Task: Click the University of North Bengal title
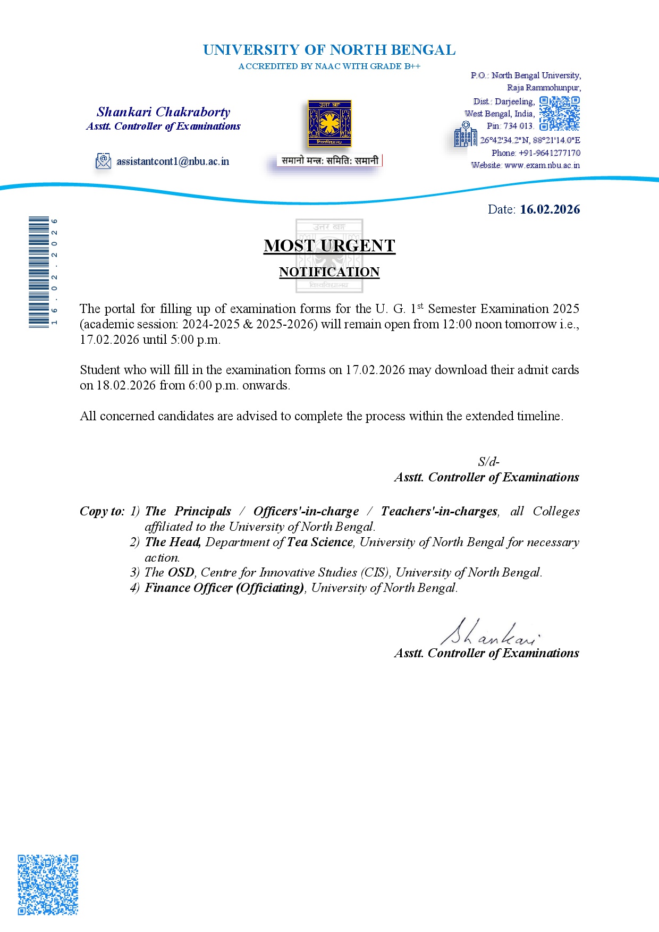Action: pyautogui.click(x=329, y=50)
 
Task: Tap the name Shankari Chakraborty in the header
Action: pyautogui.click(x=163, y=112)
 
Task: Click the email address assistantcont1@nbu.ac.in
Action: pyautogui.click(x=173, y=162)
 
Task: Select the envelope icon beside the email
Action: pyautogui.click(x=103, y=161)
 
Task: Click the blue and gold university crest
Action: pyautogui.click(x=329, y=123)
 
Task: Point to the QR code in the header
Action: pyautogui.click(x=559, y=113)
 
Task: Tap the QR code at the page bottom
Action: pyautogui.click(x=48, y=885)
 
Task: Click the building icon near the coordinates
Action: pyautogui.click(x=465, y=134)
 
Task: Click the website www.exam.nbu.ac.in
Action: pyautogui.click(x=542, y=165)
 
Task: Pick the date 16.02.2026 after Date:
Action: pyautogui.click(x=550, y=209)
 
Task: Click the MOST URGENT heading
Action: pyautogui.click(x=329, y=245)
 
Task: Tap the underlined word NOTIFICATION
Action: pyautogui.click(x=329, y=272)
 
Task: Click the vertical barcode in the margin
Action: pyautogui.click(x=39, y=272)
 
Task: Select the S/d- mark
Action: pyautogui.click(x=488, y=462)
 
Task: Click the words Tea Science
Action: pyautogui.click(x=320, y=542)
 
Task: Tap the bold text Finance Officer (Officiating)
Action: pyautogui.click(x=224, y=588)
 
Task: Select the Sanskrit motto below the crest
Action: pyautogui.click(x=330, y=160)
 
